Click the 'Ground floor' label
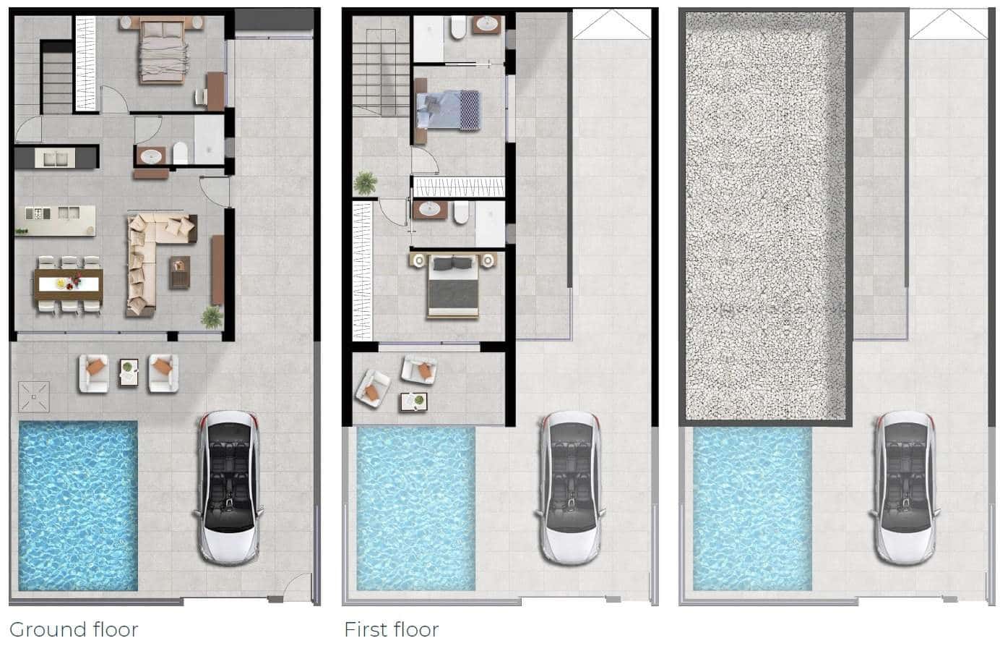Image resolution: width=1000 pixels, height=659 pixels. [74, 629]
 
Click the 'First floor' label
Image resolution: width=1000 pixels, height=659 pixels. [392, 629]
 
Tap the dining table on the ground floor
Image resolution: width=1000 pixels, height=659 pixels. [69, 284]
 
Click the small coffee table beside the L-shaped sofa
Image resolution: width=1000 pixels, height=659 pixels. [179, 272]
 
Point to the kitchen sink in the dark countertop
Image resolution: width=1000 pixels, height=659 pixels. [55, 158]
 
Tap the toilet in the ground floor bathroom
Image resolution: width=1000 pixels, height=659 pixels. [181, 153]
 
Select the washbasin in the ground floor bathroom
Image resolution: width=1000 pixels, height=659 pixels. [151, 156]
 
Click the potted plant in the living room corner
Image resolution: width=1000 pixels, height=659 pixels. [212, 318]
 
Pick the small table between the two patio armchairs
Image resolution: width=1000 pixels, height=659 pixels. [129, 373]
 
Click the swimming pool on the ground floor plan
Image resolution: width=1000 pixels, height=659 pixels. [78, 506]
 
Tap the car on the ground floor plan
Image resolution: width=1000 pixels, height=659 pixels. [228, 488]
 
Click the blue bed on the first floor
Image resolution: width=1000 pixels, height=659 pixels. [448, 111]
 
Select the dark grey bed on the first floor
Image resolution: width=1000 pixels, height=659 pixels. [453, 285]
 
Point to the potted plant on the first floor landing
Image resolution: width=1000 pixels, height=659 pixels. [366, 183]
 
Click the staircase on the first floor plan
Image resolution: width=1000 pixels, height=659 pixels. [381, 67]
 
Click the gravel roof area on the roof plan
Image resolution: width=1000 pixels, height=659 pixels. [766, 216]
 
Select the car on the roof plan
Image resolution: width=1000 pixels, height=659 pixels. [905, 488]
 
